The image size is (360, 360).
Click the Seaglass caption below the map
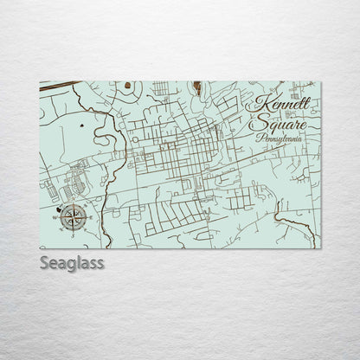pos(72,262)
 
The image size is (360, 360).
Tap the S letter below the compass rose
pos(74,233)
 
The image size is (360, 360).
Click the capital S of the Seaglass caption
pos(44,262)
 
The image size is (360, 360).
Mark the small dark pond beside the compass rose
pos(59,209)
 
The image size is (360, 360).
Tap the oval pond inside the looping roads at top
pos(128,86)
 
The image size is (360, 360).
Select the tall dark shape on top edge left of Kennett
pos(197,87)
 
